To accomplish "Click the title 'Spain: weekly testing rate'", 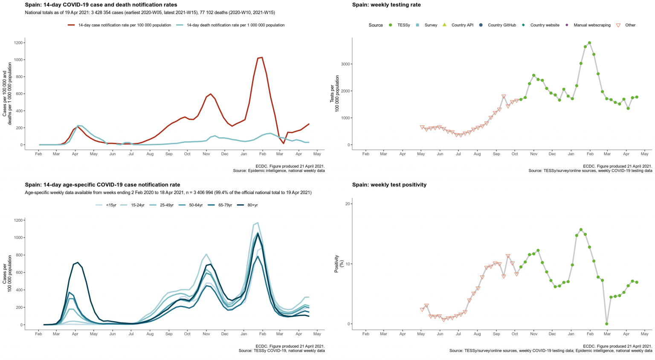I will [386, 5].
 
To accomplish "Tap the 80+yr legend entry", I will [249, 205].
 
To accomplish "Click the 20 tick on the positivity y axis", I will [347, 204].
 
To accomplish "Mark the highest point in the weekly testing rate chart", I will [589, 43].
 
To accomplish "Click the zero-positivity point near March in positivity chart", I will [606, 324].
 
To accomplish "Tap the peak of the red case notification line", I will [262, 58].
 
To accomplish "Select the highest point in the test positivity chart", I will [581, 229].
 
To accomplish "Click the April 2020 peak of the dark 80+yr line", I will [78, 263].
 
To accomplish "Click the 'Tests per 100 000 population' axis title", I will [334, 94].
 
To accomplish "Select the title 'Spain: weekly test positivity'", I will [389, 185].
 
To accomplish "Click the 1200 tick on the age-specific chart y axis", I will [17, 220].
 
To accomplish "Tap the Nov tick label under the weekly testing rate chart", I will [533, 154].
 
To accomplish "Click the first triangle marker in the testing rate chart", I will [422, 128].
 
